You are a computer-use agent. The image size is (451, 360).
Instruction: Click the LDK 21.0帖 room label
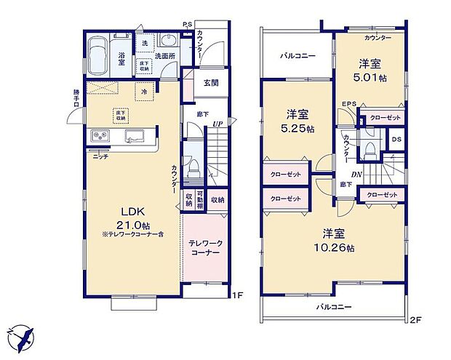coord(131,217)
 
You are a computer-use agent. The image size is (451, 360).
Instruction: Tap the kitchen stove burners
coord(99,136)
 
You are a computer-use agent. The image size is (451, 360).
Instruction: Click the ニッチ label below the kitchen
coord(101,156)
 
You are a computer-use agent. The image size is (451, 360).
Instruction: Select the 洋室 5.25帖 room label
coord(298,119)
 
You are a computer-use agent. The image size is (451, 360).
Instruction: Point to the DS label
coord(396,139)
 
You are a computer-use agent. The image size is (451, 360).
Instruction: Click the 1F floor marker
coord(236,296)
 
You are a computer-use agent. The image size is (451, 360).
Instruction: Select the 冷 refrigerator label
coord(145,92)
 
